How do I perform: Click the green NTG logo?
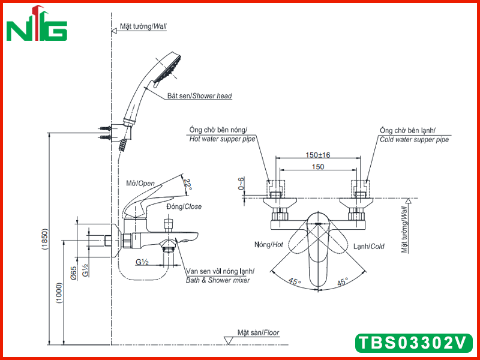coord(37,25)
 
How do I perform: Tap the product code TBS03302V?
coord(414,343)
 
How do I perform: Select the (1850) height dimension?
coord(44,239)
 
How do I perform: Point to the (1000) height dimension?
coord(59,293)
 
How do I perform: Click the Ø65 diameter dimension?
coord(73,273)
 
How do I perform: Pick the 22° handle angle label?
coord(187,185)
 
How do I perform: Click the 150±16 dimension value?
coord(318,155)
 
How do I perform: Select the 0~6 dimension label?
coord(242,184)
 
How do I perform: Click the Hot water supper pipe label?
coord(222,139)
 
